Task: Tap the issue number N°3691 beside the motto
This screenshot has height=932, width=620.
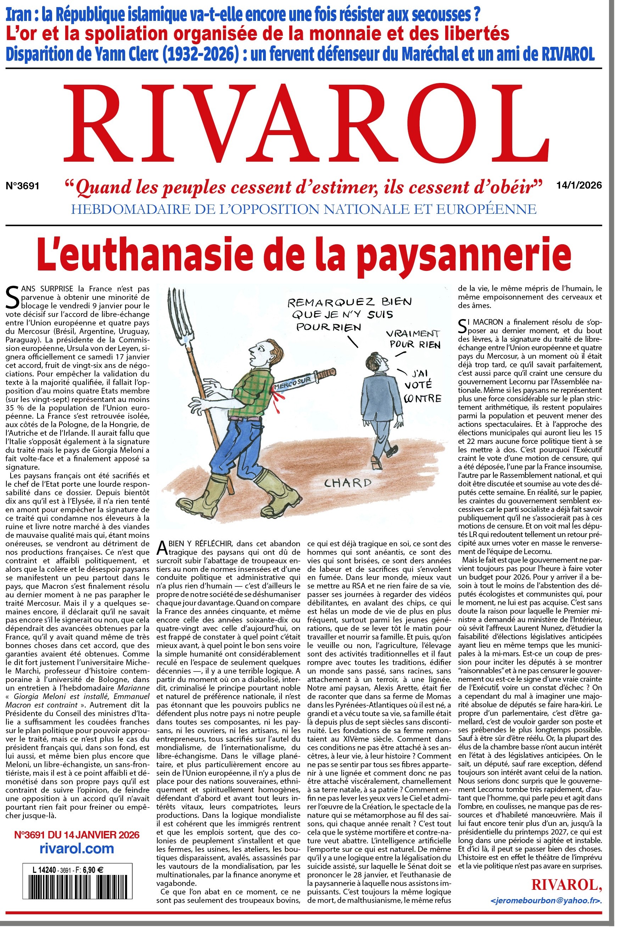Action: point(23,185)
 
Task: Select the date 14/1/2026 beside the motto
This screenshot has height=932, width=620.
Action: point(579,185)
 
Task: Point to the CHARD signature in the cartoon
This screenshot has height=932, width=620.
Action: point(348,482)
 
